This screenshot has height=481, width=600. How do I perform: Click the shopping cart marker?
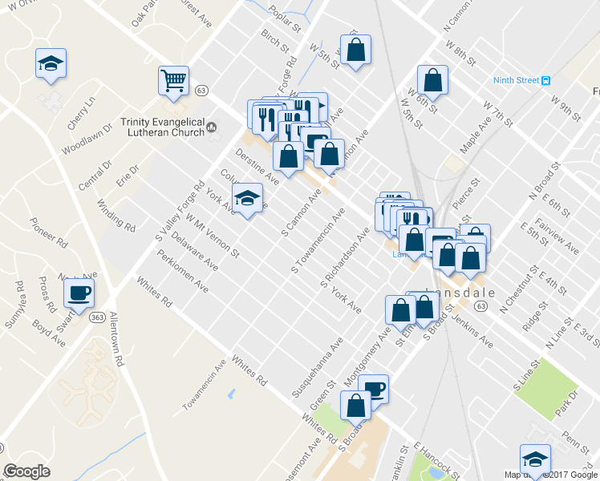click(x=173, y=80)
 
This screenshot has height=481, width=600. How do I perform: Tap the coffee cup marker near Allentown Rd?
click(x=79, y=293)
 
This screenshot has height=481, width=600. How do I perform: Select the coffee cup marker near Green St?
click(x=373, y=390)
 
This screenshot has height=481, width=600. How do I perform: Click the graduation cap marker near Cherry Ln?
click(x=51, y=63)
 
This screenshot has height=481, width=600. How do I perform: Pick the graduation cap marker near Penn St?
click(x=535, y=459)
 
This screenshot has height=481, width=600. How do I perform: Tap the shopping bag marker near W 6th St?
click(x=432, y=80)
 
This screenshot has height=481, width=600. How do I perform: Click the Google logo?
click(x=26, y=471)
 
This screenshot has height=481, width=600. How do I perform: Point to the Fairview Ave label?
click(x=560, y=237)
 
